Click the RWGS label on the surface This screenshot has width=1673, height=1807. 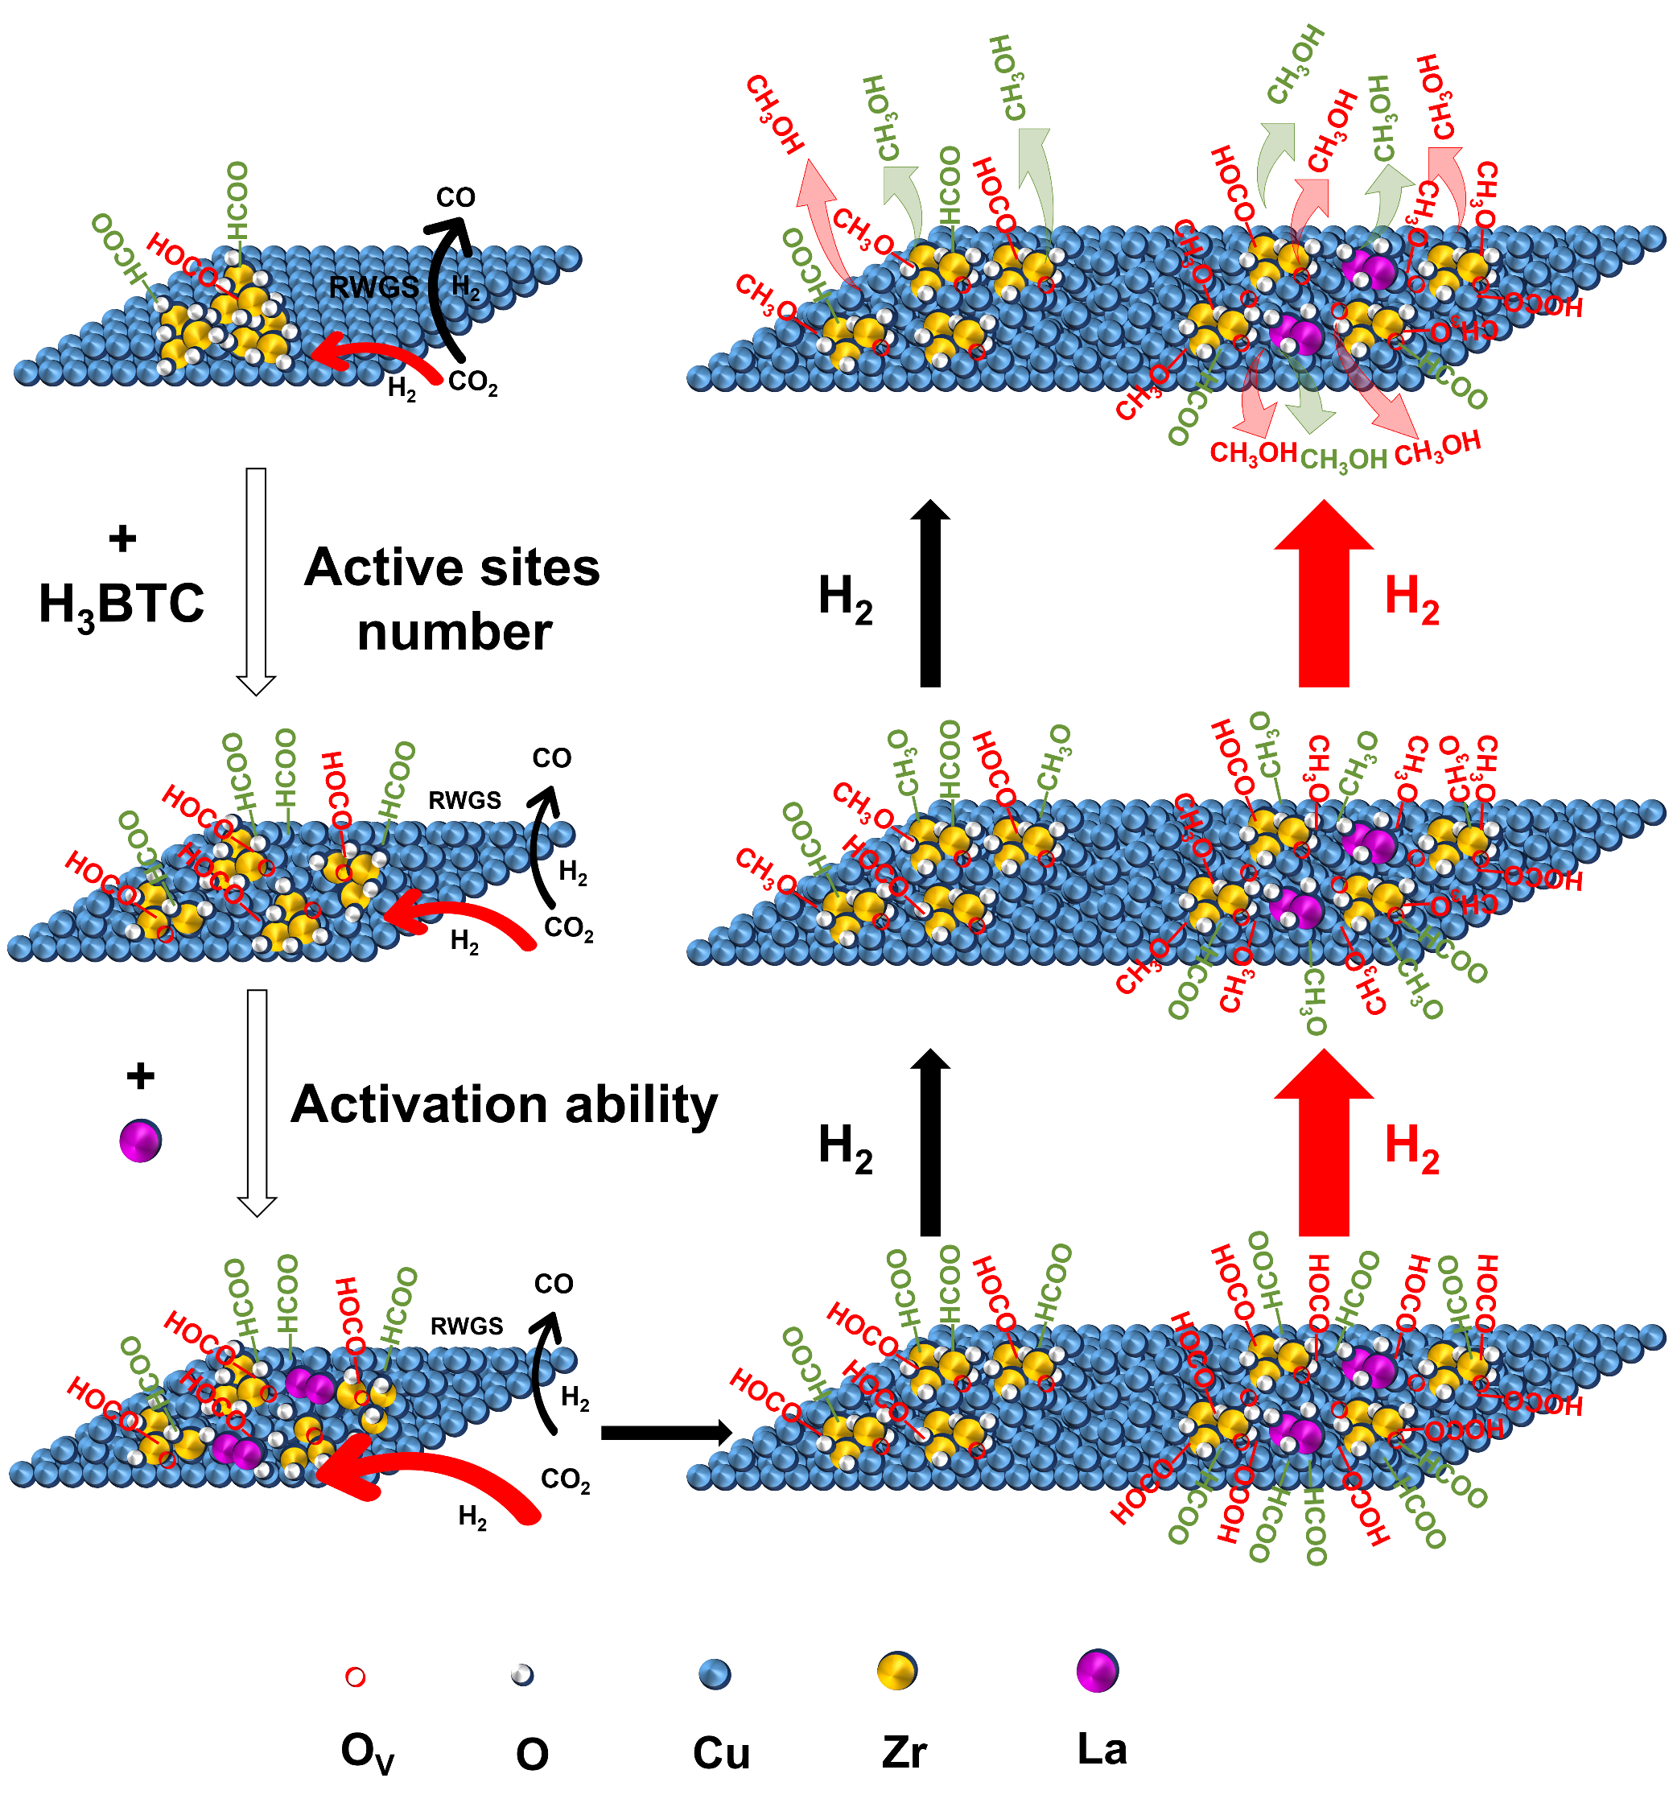point(373,288)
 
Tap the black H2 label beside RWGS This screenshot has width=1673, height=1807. point(465,288)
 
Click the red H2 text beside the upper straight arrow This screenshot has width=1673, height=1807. point(1411,600)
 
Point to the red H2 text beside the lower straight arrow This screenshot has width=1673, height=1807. point(1411,1149)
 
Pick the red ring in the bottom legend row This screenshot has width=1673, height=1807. point(356,1677)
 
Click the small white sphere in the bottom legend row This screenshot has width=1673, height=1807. point(521,1674)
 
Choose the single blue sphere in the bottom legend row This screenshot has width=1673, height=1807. point(715,1673)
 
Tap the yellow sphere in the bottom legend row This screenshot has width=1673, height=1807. point(896,1671)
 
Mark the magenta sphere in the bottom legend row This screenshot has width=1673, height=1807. point(1096,1671)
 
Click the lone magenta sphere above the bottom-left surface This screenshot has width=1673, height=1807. point(139,1141)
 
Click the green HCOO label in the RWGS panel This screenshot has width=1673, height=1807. point(237,201)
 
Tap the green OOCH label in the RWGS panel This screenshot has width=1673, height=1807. point(118,247)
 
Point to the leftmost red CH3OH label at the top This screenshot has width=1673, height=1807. point(775,115)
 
